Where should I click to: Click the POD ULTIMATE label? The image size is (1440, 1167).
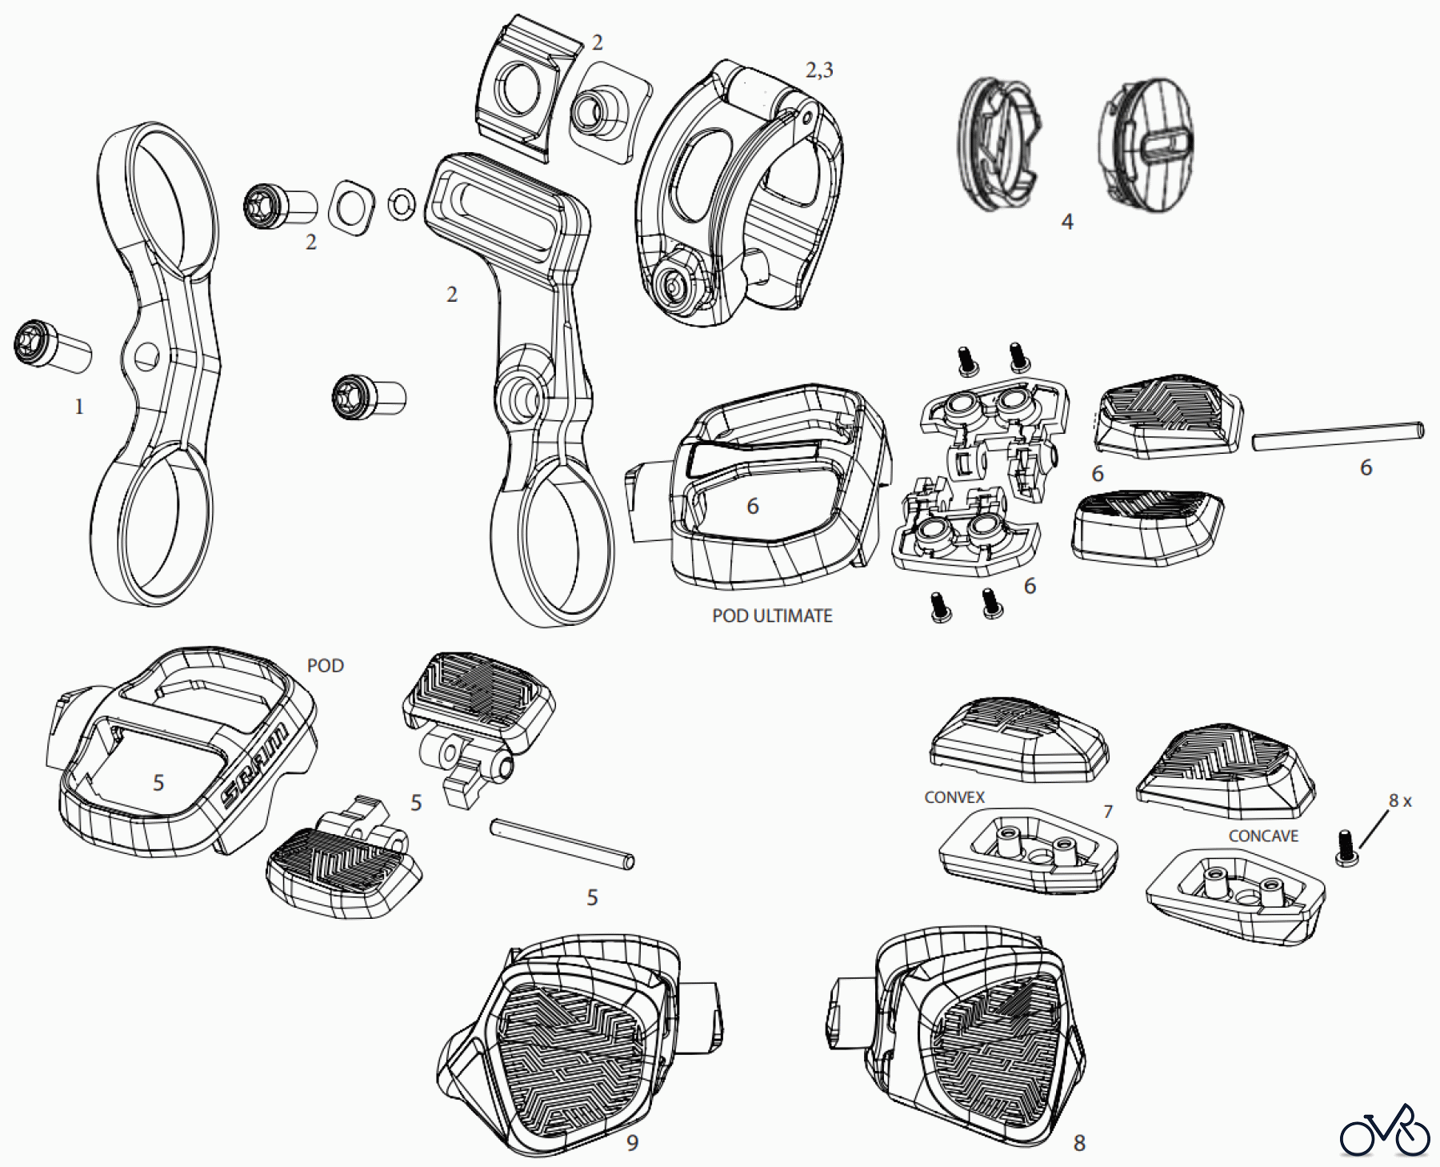pyautogui.click(x=772, y=616)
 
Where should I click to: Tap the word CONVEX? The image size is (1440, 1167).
pyautogui.click(x=954, y=797)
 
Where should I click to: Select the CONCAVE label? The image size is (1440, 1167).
pyautogui.click(x=1263, y=836)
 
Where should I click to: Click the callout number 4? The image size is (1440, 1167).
pyautogui.click(x=1066, y=222)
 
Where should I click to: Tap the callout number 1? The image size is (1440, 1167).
pyautogui.click(x=78, y=407)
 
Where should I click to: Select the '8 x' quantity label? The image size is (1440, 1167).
pyautogui.click(x=1400, y=800)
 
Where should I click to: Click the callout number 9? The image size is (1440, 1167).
pyautogui.click(x=632, y=1143)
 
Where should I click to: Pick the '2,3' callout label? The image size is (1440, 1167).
pyautogui.click(x=819, y=70)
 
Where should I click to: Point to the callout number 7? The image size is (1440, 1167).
pyautogui.click(x=1108, y=812)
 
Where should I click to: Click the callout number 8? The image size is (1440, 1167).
pyautogui.click(x=1079, y=1143)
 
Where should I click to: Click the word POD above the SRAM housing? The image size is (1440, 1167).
pyautogui.click(x=326, y=665)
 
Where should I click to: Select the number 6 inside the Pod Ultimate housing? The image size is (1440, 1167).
pyautogui.click(x=752, y=506)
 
